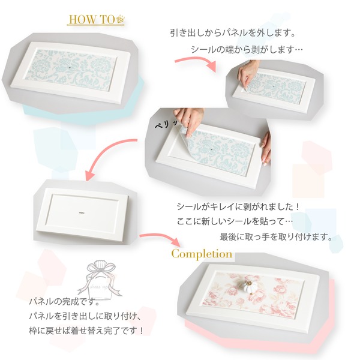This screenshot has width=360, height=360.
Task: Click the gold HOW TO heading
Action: (92, 20)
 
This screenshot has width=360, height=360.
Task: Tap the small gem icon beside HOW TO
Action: (121, 19)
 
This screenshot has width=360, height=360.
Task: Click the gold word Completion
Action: (202, 254)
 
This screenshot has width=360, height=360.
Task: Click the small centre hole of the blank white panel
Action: (82, 213)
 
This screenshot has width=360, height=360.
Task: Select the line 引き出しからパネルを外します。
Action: (233, 32)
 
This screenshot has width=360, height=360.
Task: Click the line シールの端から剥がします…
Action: (247, 49)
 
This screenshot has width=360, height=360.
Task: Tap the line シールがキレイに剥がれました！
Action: (238, 206)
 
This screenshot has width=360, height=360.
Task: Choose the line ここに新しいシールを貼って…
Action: (235, 221)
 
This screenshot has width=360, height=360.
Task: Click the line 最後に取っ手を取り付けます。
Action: (276, 236)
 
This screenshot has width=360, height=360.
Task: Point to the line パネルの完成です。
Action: (65, 301)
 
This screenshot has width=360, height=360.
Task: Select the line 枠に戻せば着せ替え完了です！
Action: (86, 331)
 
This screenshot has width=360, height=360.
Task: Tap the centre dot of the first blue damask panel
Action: (70, 68)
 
